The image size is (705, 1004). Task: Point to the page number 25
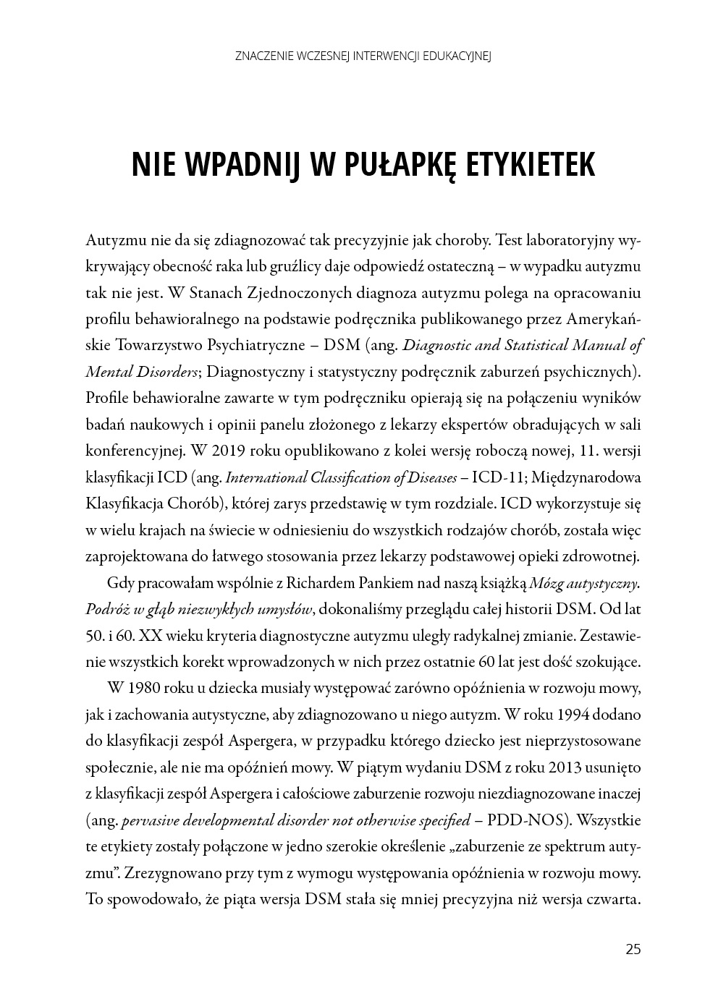633,950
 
